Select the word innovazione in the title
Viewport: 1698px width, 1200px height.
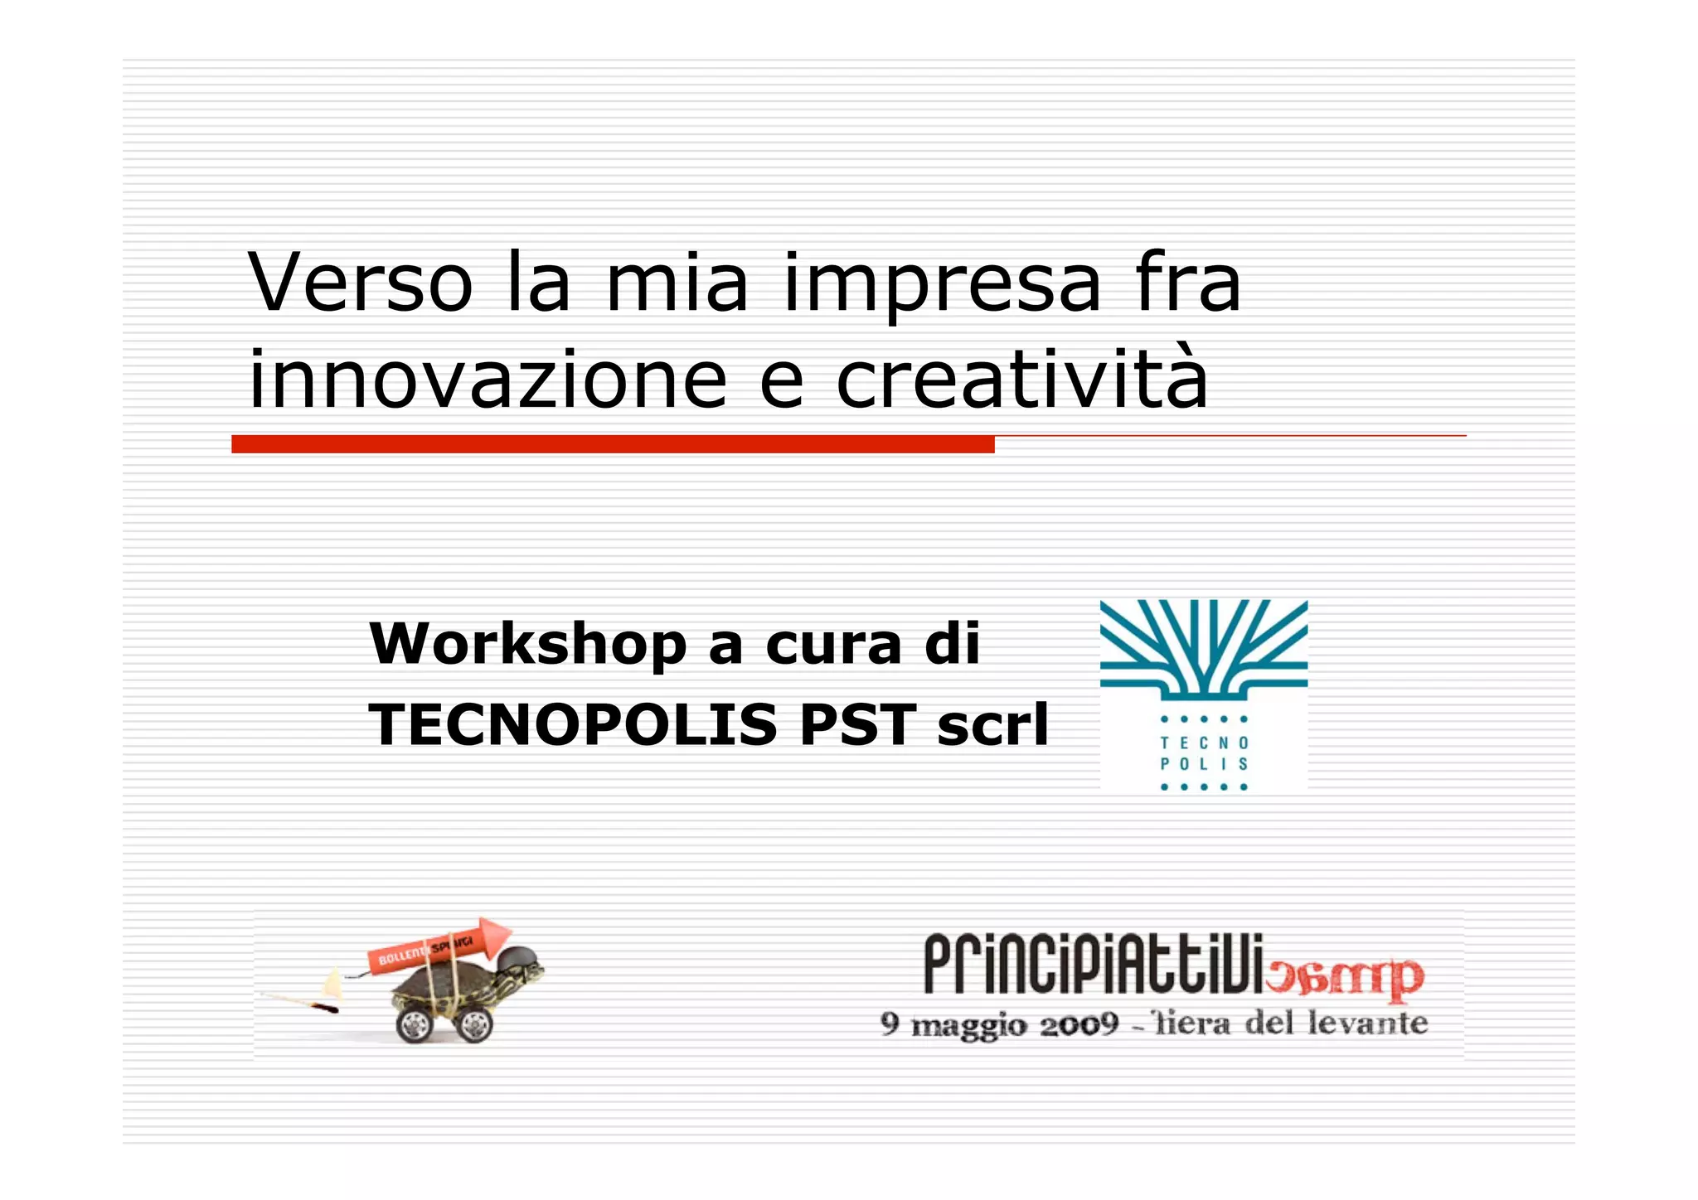click(x=488, y=380)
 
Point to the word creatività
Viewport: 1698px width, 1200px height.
click(x=1022, y=380)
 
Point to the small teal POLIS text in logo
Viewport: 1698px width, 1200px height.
click(x=1203, y=764)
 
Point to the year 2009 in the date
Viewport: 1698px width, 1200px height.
click(x=1079, y=1025)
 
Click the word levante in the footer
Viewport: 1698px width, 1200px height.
click(x=1367, y=1023)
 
